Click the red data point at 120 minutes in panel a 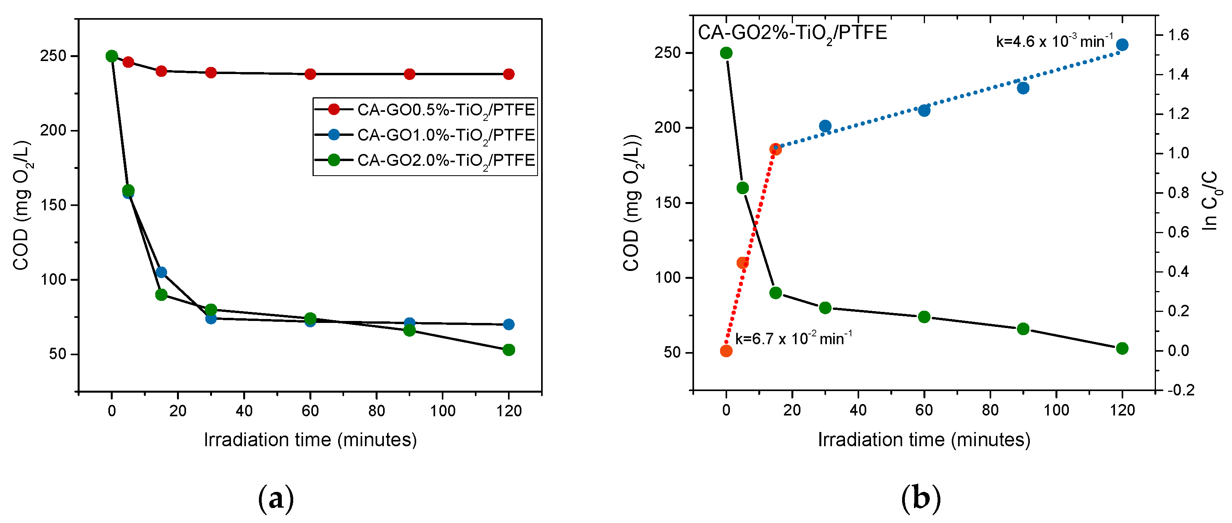click(509, 74)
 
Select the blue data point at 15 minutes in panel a click(161, 272)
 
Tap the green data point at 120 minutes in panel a click(509, 350)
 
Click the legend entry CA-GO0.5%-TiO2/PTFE click(446, 110)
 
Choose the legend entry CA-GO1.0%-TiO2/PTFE click(446, 135)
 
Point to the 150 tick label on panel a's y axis click(53, 205)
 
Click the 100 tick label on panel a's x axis click(442, 411)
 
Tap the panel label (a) click(275, 499)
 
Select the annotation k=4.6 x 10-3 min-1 click(1055, 41)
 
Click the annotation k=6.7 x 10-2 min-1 click(793, 338)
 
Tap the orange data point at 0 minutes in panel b click(726, 351)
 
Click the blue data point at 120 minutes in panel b click(1122, 45)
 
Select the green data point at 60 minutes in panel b click(924, 317)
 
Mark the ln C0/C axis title click(1210, 201)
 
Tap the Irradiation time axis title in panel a click(311, 440)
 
